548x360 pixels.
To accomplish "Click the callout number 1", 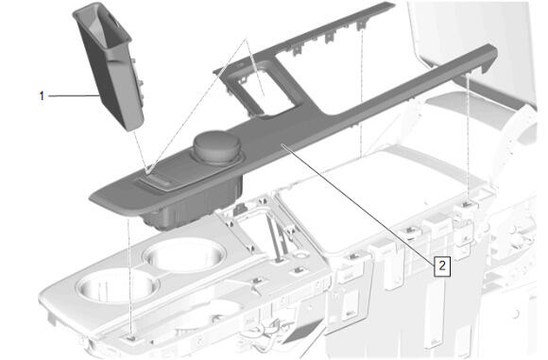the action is [x=42, y=95].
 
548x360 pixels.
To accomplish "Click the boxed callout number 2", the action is [x=442, y=266].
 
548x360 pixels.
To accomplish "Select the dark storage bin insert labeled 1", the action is [x=108, y=66].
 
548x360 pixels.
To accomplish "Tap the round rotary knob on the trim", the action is [x=217, y=146].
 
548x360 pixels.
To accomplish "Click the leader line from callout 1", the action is [x=73, y=95].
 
